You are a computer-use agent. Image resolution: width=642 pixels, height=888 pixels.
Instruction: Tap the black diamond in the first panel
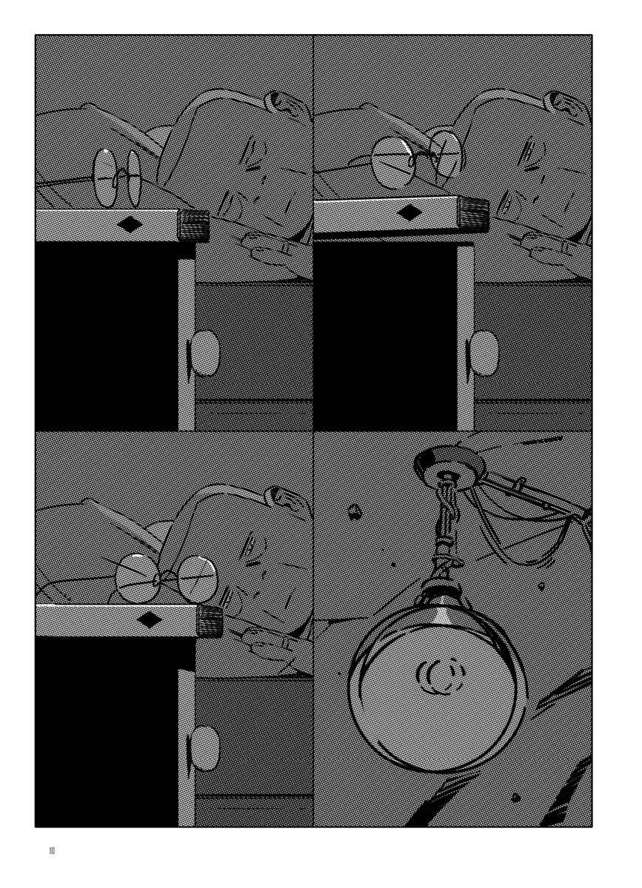coord(131,226)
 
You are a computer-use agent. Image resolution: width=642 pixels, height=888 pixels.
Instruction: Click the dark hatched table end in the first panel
coord(194,226)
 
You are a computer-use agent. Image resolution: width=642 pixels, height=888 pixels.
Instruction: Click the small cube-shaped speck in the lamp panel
coord(353,513)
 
